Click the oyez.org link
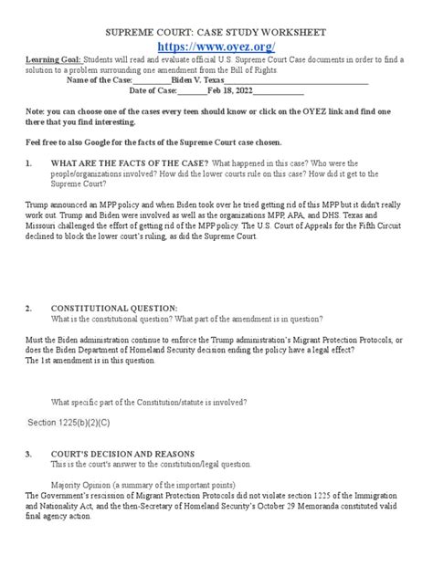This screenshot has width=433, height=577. pyautogui.click(x=216, y=46)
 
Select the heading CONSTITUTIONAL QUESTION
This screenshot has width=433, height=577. pyautogui.click(x=113, y=309)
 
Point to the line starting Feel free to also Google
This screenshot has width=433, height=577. pyautogui.click(x=153, y=144)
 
